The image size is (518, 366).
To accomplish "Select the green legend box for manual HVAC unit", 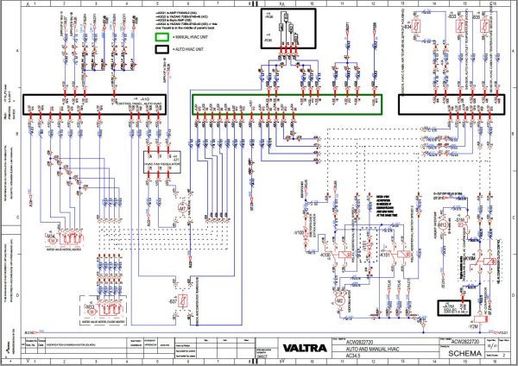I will click(x=161, y=36).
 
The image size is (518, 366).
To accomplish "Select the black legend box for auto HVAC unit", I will click(x=161, y=51).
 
